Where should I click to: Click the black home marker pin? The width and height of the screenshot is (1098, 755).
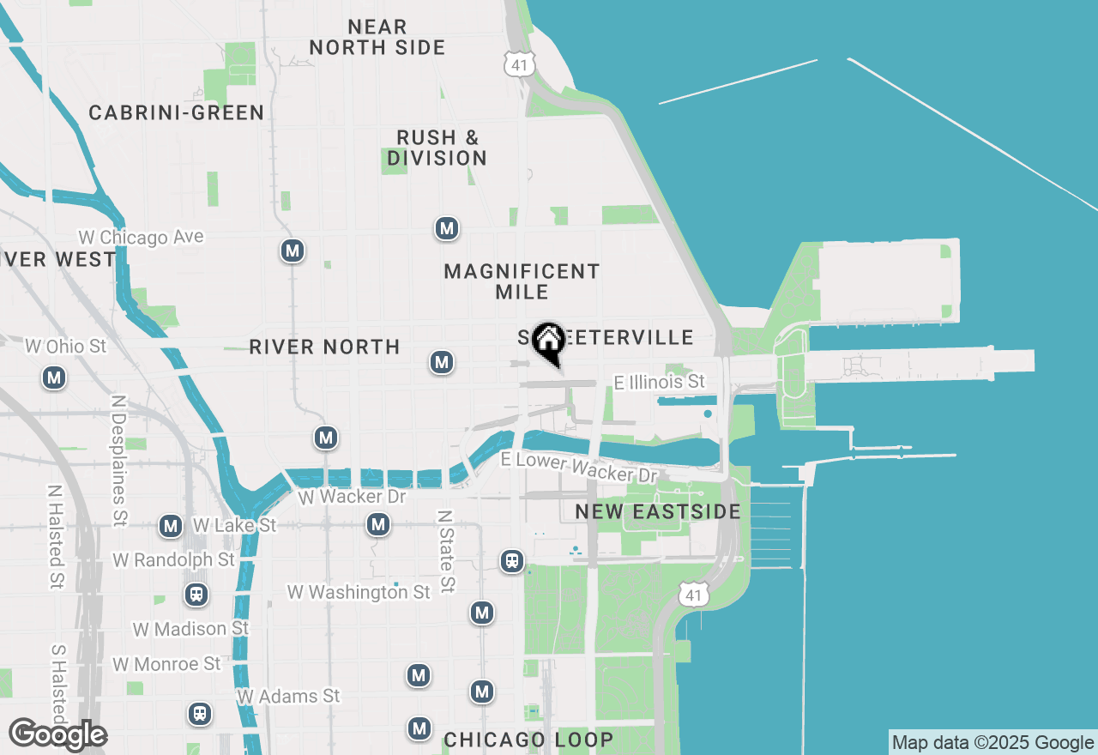(x=548, y=341)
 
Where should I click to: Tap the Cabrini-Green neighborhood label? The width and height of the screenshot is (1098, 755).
(x=176, y=112)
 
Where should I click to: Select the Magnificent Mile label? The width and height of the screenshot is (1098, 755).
(x=522, y=281)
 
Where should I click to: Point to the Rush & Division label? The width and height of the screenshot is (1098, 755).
(x=437, y=148)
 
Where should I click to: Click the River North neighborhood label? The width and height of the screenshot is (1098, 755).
(x=324, y=347)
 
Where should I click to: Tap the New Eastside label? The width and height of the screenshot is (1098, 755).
(x=657, y=512)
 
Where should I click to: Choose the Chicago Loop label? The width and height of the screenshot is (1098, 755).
(x=528, y=740)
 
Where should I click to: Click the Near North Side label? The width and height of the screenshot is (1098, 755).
(x=377, y=37)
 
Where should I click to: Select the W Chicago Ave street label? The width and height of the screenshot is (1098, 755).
(x=141, y=237)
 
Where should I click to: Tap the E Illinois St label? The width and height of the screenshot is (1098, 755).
(x=659, y=382)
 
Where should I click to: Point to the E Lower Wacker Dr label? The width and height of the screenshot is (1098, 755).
(x=579, y=468)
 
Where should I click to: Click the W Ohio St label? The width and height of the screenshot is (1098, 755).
(x=66, y=347)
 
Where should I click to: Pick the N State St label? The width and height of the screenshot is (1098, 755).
(x=445, y=552)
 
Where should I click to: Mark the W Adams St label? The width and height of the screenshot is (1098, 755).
(x=288, y=696)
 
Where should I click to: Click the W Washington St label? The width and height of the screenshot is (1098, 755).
(x=359, y=592)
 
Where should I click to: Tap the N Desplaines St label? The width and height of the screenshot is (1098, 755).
(x=118, y=460)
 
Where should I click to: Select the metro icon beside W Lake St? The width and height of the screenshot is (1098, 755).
(x=171, y=526)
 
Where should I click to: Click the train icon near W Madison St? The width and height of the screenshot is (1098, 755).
(x=196, y=595)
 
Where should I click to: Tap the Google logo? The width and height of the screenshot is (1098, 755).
(x=57, y=734)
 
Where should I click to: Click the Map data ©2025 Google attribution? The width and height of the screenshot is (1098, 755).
(x=992, y=743)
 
